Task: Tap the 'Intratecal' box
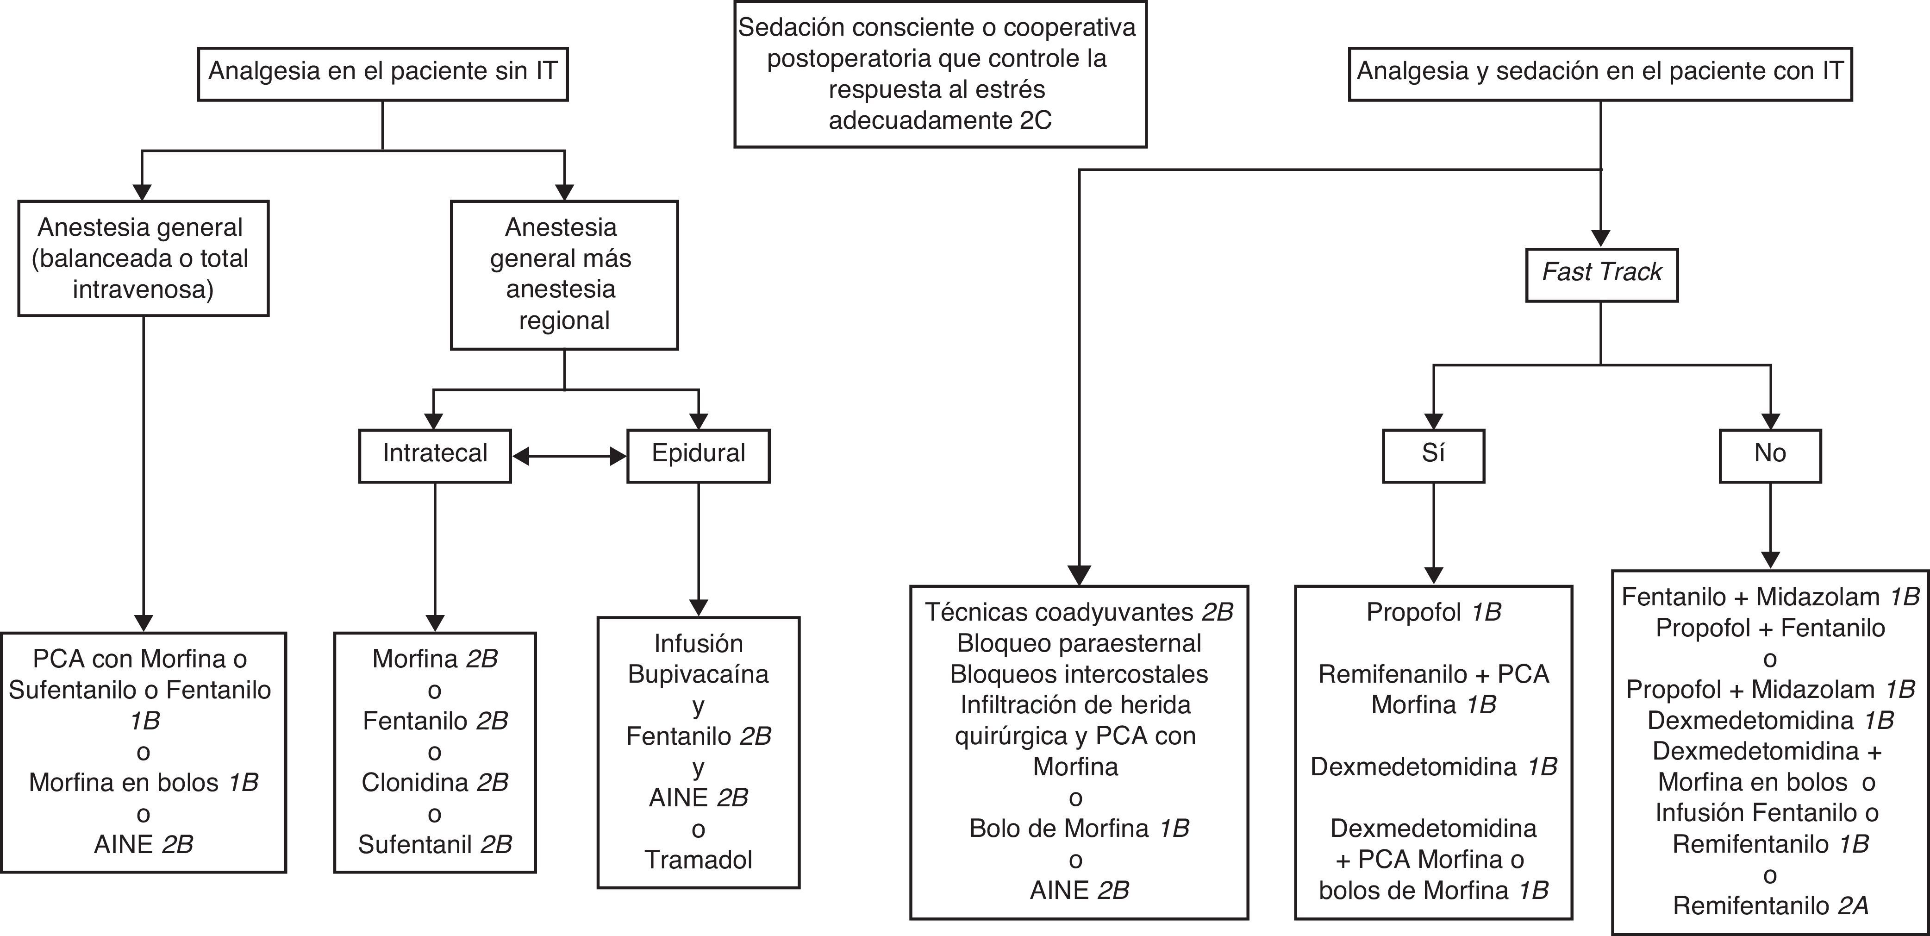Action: pyautogui.click(x=435, y=455)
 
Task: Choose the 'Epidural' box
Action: pyautogui.click(x=698, y=455)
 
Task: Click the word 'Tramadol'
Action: pyautogui.click(x=698, y=860)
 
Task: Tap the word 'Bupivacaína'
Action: pyautogui.click(x=698, y=674)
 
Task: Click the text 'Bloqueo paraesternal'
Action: pyautogui.click(x=1079, y=643)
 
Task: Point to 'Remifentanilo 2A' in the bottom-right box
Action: pyautogui.click(x=1770, y=906)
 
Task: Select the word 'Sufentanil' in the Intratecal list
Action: pyautogui.click(x=416, y=845)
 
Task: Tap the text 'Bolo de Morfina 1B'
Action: pyautogui.click(x=1079, y=828)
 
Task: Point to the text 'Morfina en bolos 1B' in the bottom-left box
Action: pyautogui.click(x=143, y=782)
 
